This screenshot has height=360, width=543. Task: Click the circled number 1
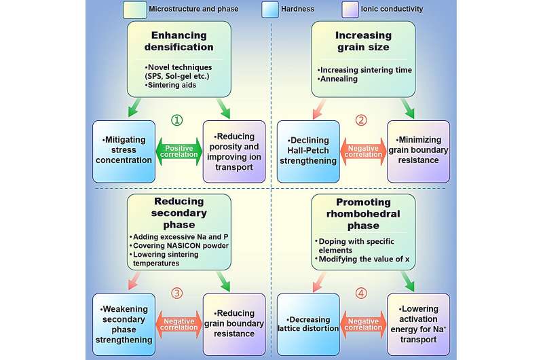[176, 120]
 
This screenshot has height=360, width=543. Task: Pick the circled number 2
[361, 120]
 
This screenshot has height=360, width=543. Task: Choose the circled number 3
[176, 294]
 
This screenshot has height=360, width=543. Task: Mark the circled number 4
[361, 294]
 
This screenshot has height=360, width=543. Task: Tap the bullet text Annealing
[338, 79]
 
